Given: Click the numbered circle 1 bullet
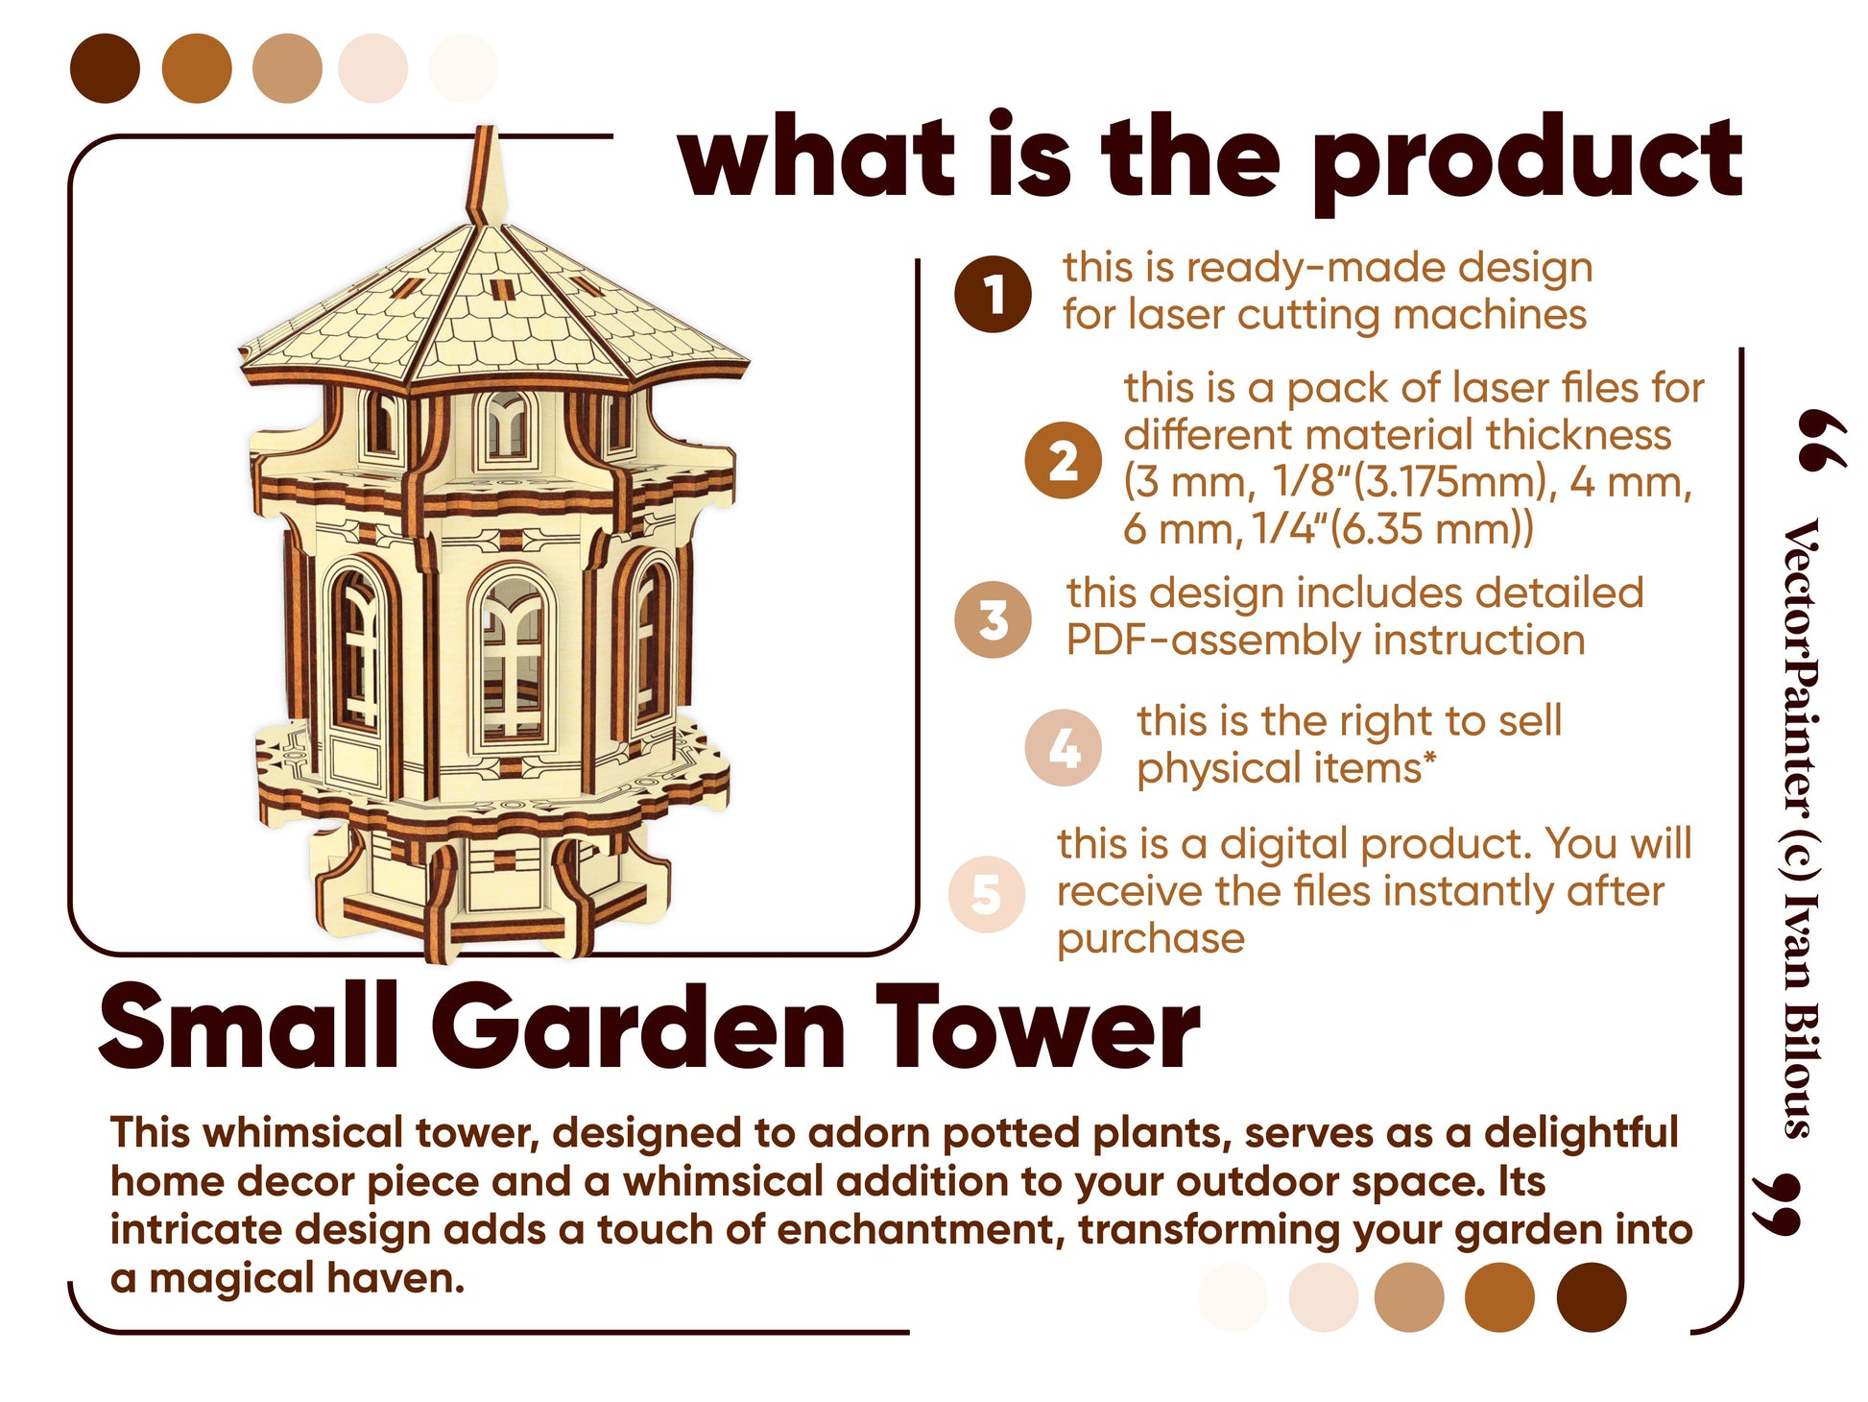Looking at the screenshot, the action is point(994,294).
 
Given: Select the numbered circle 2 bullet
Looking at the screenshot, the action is point(1063,461).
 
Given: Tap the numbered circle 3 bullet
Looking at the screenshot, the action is point(994,619).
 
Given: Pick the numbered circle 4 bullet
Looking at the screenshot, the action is point(1063,747).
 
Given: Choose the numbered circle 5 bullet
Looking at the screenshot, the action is point(987,894).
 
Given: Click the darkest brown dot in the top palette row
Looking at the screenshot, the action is point(106,68).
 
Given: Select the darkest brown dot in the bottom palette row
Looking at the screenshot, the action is point(1592,1297).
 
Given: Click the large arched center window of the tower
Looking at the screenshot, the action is point(513,657).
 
